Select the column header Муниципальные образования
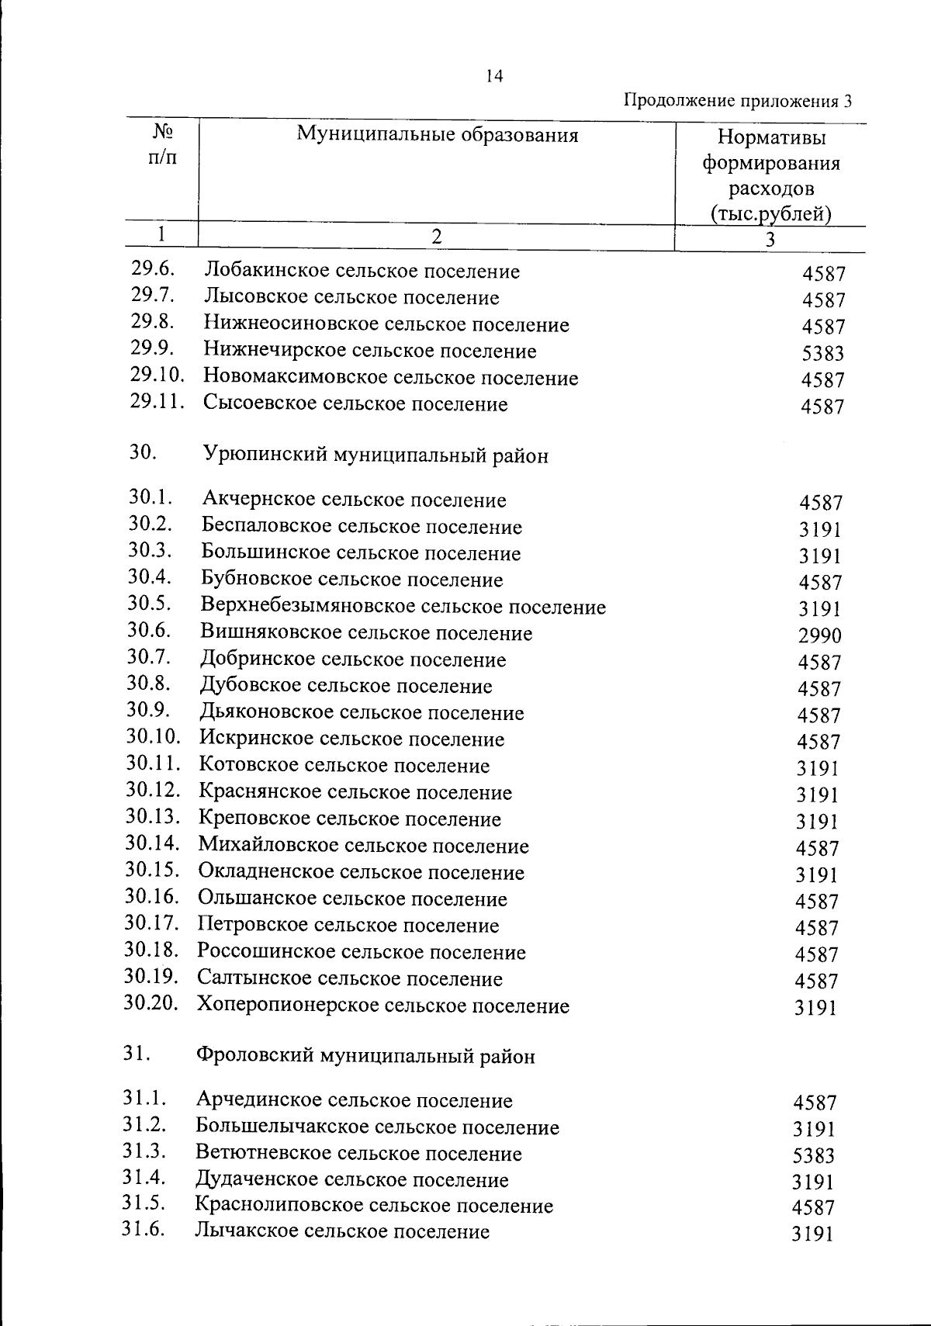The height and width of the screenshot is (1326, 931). [437, 136]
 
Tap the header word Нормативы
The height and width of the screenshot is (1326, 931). [771, 138]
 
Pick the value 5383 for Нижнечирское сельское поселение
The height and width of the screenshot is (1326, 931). [822, 354]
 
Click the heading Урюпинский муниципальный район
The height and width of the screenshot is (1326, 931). [375, 455]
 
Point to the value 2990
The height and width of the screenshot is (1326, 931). [819, 636]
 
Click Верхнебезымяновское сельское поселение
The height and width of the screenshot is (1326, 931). [403, 607]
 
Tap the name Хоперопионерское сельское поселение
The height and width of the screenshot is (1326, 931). [382, 1006]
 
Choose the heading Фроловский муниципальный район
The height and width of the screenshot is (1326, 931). [365, 1056]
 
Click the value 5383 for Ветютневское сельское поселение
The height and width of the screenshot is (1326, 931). [813, 1156]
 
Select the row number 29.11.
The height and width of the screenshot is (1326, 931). [157, 402]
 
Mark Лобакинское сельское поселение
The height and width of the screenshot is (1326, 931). [362, 272]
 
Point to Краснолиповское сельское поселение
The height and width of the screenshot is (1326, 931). [374, 1205]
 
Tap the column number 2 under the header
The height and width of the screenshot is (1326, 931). [437, 237]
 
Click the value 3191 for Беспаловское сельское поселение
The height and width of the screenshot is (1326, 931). [820, 530]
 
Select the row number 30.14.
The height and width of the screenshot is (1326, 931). [153, 843]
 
